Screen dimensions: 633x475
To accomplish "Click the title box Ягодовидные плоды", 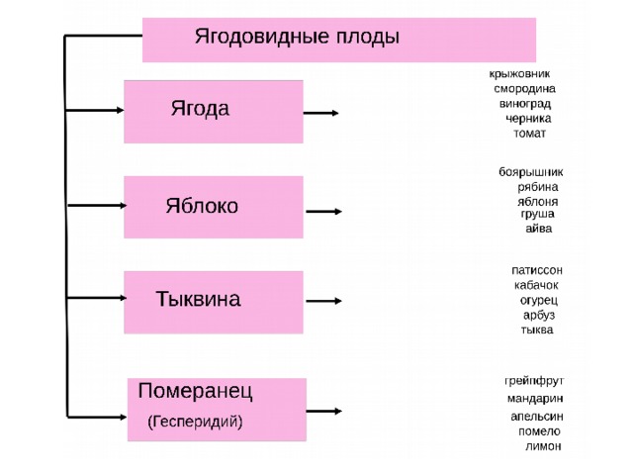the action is (339, 40).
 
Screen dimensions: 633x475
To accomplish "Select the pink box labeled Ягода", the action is (214, 112).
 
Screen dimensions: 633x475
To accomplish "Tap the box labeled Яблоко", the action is (214, 207).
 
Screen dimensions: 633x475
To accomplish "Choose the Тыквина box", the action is (214, 302).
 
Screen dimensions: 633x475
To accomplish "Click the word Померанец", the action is (196, 391).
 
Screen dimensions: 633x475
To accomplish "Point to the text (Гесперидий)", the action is (196, 422).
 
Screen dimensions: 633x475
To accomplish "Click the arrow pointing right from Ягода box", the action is (320, 113).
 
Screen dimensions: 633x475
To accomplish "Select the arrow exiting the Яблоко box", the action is (323, 211).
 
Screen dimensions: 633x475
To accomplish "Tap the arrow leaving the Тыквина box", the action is (323, 301).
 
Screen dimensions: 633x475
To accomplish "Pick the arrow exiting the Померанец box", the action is (324, 412).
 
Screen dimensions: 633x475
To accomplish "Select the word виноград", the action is (525, 104).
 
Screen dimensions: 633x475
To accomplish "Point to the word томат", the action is (530, 134).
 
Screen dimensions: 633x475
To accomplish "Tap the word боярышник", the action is (530, 172).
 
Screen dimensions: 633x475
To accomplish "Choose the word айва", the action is (538, 229).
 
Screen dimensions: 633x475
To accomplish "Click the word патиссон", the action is (537, 270).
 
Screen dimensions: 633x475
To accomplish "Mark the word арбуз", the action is (539, 315).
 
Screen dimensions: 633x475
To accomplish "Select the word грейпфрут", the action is (534, 381).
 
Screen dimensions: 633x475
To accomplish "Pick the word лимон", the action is (543, 446).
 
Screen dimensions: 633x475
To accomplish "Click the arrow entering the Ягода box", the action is (95, 110).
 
